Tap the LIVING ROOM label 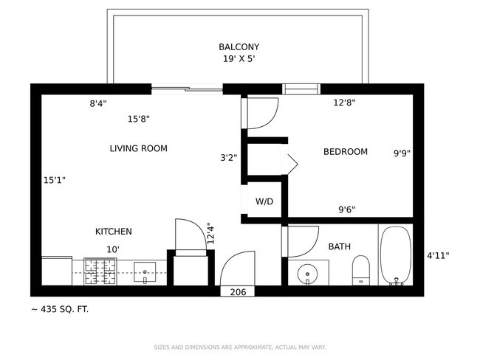[138, 148]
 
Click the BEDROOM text [345, 152]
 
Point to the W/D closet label [264, 201]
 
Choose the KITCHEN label [113, 232]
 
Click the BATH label [340, 246]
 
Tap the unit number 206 [238, 292]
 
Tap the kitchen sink [146, 272]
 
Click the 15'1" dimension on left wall [55, 179]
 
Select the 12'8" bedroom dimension [345, 103]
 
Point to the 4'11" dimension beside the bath [438, 256]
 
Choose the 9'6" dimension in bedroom [346, 210]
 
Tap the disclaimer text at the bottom [239, 347]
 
